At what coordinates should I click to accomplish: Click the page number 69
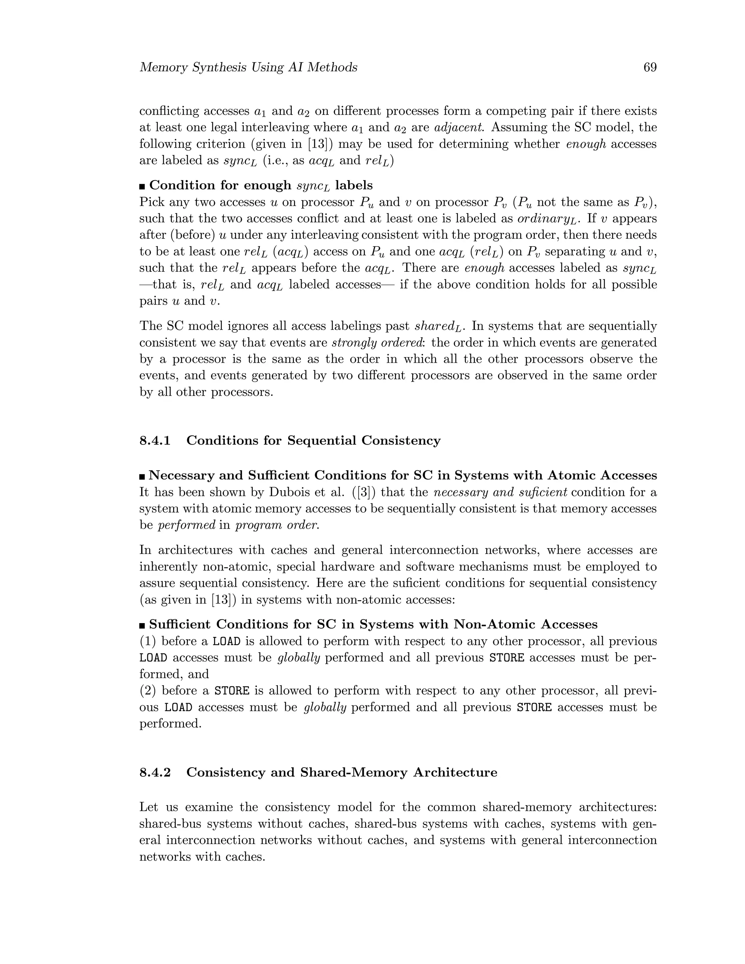tap(650, 68)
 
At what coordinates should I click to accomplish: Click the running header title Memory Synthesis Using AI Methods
tap(248, 68)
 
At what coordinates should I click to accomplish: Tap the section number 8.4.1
tap(155, 441)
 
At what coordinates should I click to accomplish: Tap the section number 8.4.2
tap(155, 772)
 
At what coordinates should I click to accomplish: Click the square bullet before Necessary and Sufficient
tap(142, 476)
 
